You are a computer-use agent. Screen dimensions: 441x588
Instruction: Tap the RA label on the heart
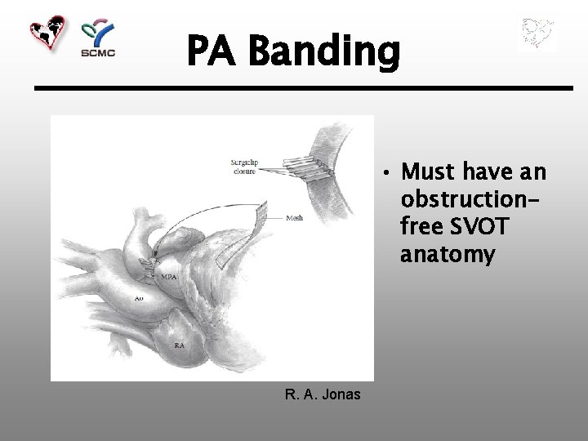[179, 346]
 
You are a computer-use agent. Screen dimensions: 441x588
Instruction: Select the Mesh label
[296, 219]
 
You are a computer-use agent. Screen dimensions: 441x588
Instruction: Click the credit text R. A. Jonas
[323, 395]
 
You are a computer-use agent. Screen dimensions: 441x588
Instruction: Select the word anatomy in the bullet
[448, 256]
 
